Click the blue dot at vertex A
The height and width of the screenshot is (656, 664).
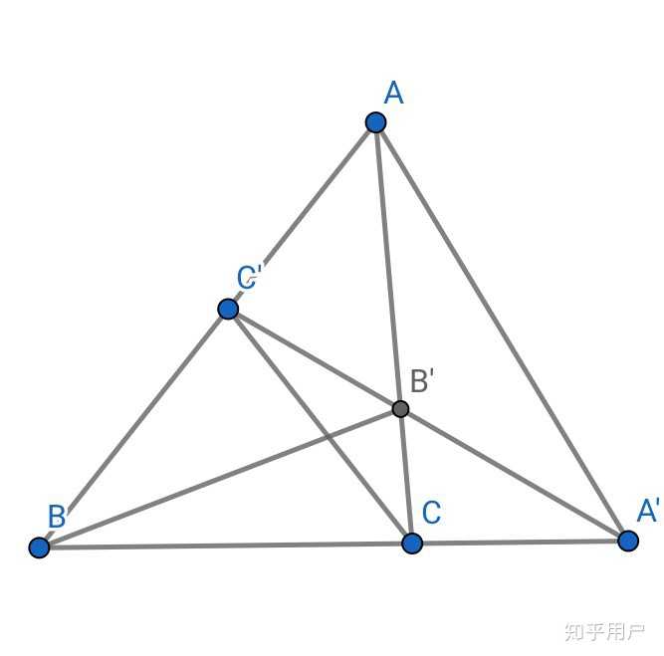(x=375, y=122)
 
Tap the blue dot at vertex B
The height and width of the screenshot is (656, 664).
(x=40, y=547)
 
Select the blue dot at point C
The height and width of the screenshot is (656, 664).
(x=412, y=544)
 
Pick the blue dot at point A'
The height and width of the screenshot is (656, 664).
(x=628, y=541)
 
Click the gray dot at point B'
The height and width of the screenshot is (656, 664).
(x=400, y=409)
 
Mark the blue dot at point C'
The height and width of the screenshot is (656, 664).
(x=228, y=309)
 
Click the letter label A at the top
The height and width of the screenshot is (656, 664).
(x=394, y=93)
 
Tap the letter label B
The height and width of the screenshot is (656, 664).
(x=57, y=516)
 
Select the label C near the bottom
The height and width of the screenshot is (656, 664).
(x=431, y=512)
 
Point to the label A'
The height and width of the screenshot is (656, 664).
(x=648, y=510)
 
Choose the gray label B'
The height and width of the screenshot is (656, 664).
(x=422, y=380)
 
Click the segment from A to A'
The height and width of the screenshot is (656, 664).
(x=502, y=331)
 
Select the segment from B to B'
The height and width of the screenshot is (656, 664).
(x=220, y=479)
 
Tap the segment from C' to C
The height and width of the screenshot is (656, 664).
(x=321, y=426)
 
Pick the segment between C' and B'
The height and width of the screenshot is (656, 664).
(x=315, y=359)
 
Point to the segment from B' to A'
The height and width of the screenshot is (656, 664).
(x=514, y=475)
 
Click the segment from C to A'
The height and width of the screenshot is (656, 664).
(x=520, y=543)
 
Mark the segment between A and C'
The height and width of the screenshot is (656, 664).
(x=302, y=216)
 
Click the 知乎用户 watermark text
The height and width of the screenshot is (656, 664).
(x=604, y=632)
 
